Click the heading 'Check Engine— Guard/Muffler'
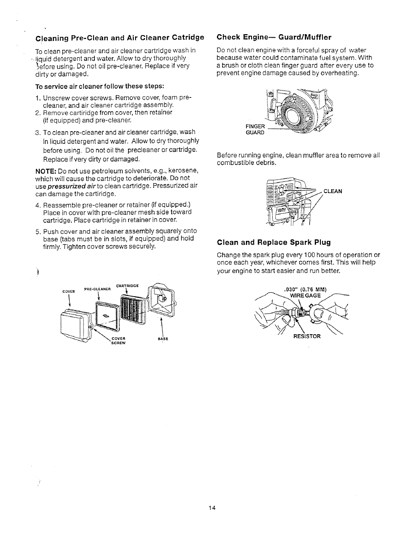tap(274, 37)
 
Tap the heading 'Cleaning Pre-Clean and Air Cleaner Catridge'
tap(119, 37)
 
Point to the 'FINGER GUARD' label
tap(255, 129)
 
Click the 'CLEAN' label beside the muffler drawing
tap(332, 191)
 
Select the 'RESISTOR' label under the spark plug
tap(307, 336)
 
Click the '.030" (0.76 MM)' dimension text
tap(305, 290)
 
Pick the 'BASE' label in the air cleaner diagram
tap(163, 339)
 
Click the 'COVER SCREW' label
tap(118, 340)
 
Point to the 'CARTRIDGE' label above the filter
tap(127, 286)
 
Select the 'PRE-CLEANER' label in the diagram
tap(98, 289)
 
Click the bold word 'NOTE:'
tap(44, 170)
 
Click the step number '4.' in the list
tap(38, 205)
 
